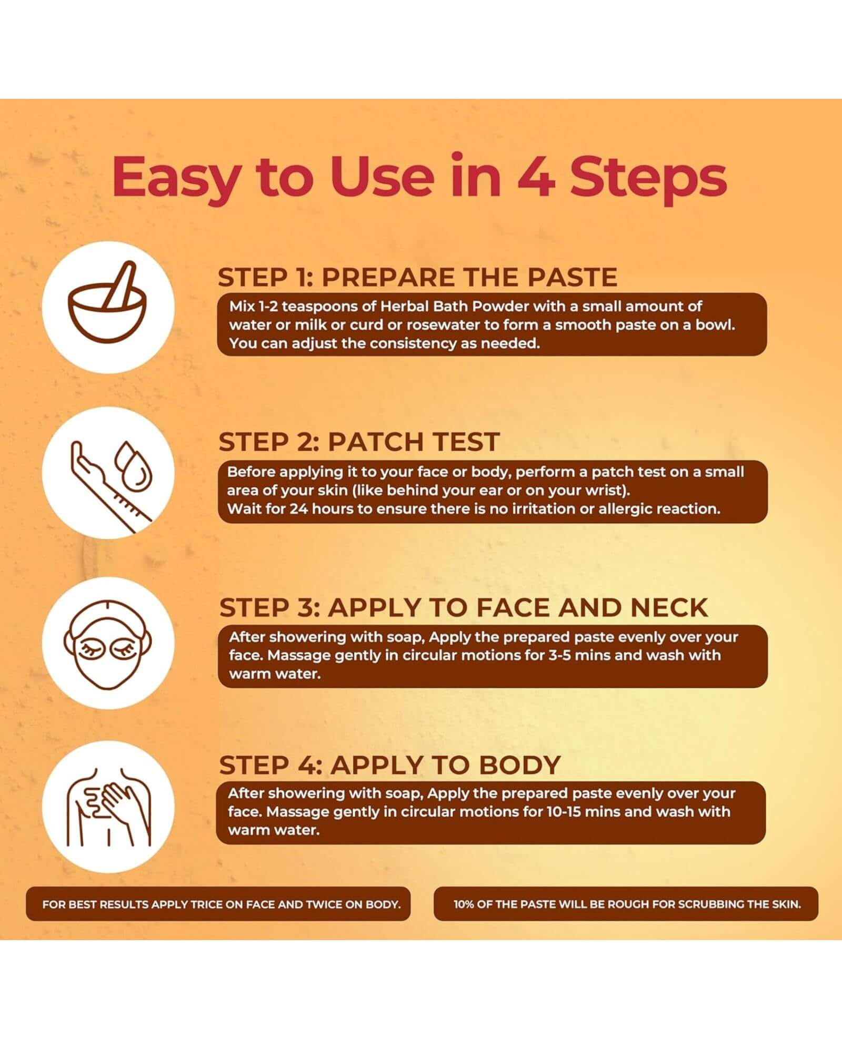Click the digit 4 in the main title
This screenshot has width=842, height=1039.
(x=536, y=176)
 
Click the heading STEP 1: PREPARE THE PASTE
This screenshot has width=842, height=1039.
(x=417, y=277)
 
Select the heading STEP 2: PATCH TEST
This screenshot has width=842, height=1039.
(x=359, y=442)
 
